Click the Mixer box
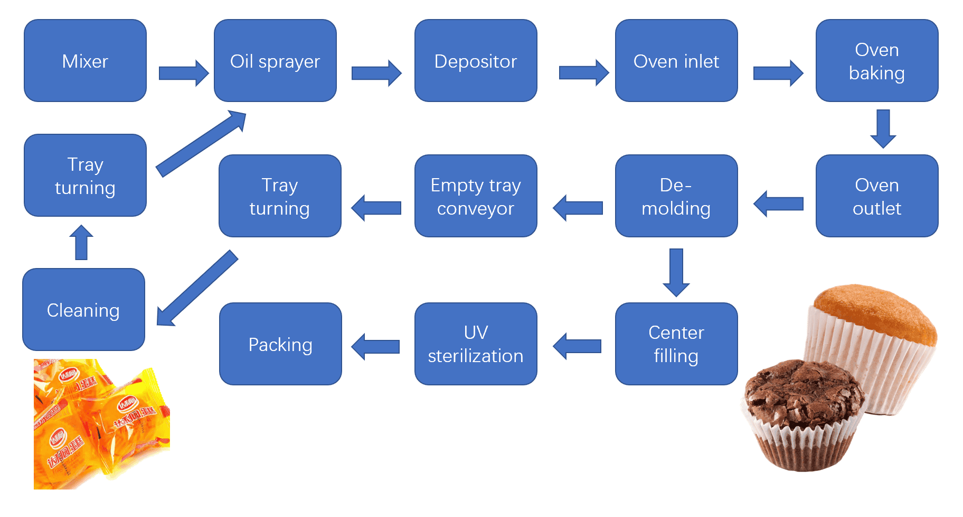point(85,61)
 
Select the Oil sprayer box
point(275,61)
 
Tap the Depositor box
point(476,61)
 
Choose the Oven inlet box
point(676,61)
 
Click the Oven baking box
point(877,61)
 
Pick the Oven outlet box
point(877,196)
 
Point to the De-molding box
point(676,196)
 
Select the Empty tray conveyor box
point(476,196)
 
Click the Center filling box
point(676,344)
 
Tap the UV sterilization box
point(476,344)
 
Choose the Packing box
point(280,344)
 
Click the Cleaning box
point(83,310)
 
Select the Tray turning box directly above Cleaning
point(85,176)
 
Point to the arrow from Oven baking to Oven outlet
point(883,128)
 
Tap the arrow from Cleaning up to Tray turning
point(81,243)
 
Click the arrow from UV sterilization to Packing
point(375,347)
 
